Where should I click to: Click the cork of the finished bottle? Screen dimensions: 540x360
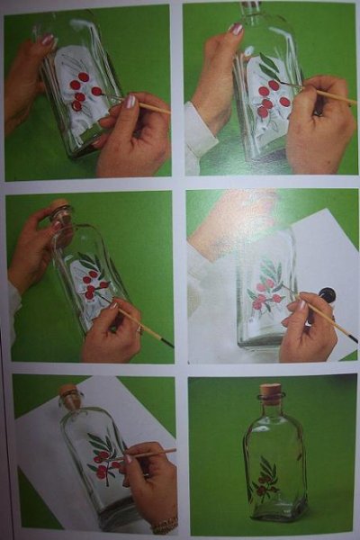coord(270,391)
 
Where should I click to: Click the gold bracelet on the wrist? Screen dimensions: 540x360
coord(165,524)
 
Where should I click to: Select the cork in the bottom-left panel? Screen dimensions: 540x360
coord(69,394)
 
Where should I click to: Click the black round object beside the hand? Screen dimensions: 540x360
coord(327,294)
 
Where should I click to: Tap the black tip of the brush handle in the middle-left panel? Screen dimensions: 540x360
coord(168,343)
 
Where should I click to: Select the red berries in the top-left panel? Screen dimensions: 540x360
coord(83,91)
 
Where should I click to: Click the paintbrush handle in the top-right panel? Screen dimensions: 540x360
coord(328,94)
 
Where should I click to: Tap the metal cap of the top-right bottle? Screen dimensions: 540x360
coord(250,7)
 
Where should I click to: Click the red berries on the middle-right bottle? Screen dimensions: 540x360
coord(265,299)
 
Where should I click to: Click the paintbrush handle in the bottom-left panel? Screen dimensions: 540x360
coord(158,452)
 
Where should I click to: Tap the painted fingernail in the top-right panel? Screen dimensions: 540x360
coord(236,29)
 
